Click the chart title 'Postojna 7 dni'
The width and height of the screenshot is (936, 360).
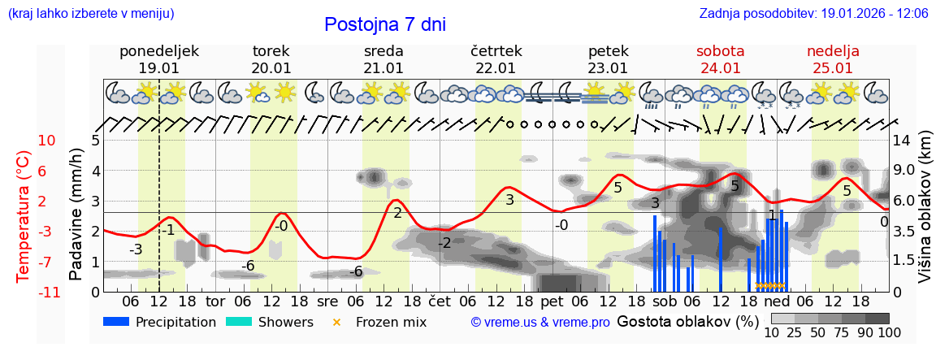click(x=384, y=24)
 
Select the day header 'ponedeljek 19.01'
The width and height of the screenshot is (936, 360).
click(x=159, y=59)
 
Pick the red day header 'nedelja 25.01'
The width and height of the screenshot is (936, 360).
click(x=833, y=59)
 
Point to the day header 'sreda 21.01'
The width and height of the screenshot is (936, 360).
click(x=383, y=59)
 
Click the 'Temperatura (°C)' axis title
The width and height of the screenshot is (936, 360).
click(x=24, y=215)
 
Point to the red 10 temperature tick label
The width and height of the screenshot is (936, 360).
click(x=46, y=141)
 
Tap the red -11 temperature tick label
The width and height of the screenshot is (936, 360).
click(x=46, y=292)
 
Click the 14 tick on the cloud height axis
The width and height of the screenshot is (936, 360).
click(x=903, y=141)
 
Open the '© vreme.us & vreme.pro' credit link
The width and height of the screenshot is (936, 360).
click(x=540, y=322)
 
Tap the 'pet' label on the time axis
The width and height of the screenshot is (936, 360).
click(x=552, y=301)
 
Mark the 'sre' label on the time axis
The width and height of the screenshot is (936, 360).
click(x=327, y=301)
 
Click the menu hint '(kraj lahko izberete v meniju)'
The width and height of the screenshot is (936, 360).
click(x=91, y=14)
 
